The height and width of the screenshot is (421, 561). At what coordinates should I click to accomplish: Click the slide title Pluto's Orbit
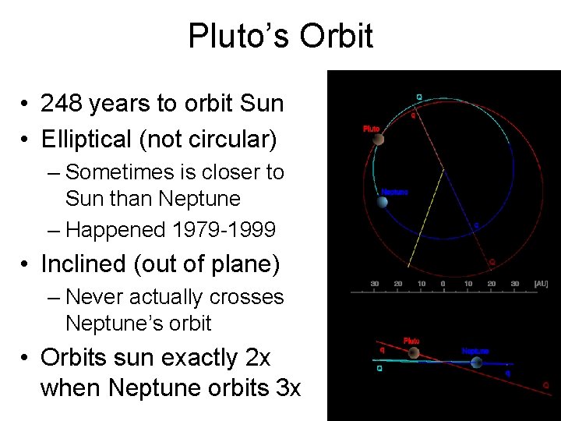[280, 36]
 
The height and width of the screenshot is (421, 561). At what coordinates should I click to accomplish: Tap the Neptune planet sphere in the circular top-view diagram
[383, 202]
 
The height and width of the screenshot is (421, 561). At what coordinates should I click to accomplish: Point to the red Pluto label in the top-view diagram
[371, 129]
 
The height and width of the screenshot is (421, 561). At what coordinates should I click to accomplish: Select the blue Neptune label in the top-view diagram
[394, 192]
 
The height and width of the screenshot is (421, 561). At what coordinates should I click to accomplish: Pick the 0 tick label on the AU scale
[443, 283]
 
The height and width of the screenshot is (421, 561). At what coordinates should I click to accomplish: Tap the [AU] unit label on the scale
[541, 283]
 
